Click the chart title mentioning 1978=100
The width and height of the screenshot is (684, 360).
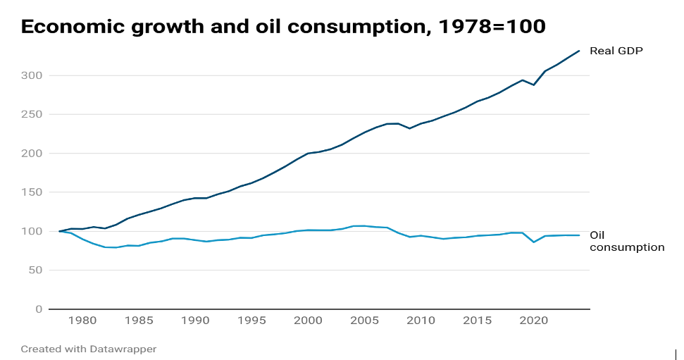(x=283, y=27)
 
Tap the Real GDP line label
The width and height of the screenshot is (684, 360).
(x=616, y=51)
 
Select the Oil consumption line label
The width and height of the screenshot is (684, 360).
(x=626, y=241)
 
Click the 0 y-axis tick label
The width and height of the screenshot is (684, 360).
(x=39, y=309)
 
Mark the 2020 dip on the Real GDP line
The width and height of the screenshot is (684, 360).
(x=533, y=85)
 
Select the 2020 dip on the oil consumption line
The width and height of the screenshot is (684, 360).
(x=533, y=242)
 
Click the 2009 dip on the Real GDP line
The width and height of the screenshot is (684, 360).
(x=409, y=128)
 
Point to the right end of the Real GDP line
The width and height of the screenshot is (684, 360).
(x=579, y=51)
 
